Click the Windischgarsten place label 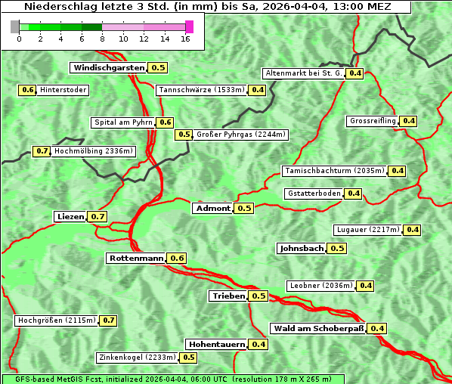[x=109, y=67]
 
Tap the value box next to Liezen [x=98, y=216]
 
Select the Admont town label [x=213, y=208]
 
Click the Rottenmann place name [x=136, y=258]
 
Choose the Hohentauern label [x=217, y=344]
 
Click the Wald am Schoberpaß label [x=318, y=328]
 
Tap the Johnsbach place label [x=302, y=248]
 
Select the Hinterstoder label [x=63, y=90]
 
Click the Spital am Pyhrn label [x=123, y=122]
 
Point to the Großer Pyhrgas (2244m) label [x=240, y=135]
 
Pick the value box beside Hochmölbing [x=42, y=151]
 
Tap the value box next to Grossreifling [x=409, y=121]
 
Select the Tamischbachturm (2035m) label [x=334, y=171]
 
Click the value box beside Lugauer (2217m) [x=413, y=230]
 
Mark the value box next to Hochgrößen [x=108, y=321]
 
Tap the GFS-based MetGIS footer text [x=172, y=379]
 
